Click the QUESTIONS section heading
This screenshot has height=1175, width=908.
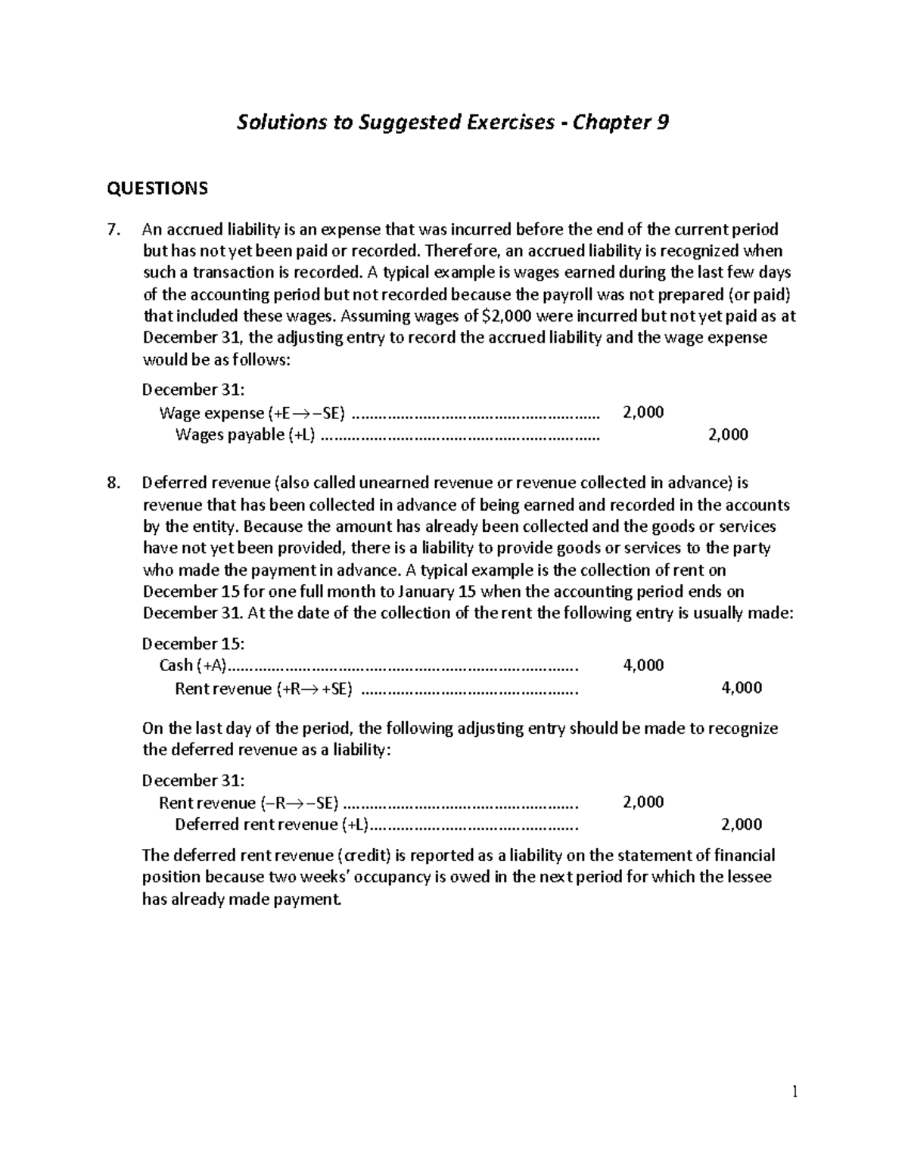157,188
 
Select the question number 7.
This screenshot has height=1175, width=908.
114,229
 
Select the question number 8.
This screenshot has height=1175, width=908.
114,483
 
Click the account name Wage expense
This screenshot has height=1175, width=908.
211,412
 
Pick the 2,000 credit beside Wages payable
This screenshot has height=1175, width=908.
727,434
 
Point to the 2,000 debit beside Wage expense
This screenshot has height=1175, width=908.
642,412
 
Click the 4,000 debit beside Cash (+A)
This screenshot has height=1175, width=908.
642,665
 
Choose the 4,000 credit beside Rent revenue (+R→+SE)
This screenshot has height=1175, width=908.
741,688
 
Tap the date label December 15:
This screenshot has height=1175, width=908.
193,644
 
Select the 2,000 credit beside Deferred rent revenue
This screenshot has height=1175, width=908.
741,825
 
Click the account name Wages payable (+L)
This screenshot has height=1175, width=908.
245,434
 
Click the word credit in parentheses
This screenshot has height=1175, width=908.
363,856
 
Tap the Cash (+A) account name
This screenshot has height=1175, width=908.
193,666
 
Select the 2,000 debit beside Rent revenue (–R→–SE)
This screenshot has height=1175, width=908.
642,802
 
